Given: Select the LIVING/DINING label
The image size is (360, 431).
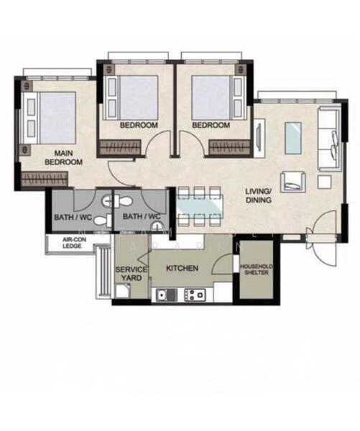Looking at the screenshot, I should click(258, 195).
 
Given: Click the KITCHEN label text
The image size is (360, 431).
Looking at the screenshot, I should click(182, 269).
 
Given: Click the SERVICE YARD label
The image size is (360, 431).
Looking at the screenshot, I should click(131, 274).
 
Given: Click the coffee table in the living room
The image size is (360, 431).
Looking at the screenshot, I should click(293, 138).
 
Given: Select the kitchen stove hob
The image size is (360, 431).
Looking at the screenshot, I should click(195, 295).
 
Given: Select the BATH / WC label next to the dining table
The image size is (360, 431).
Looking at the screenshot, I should click(141, 216).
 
